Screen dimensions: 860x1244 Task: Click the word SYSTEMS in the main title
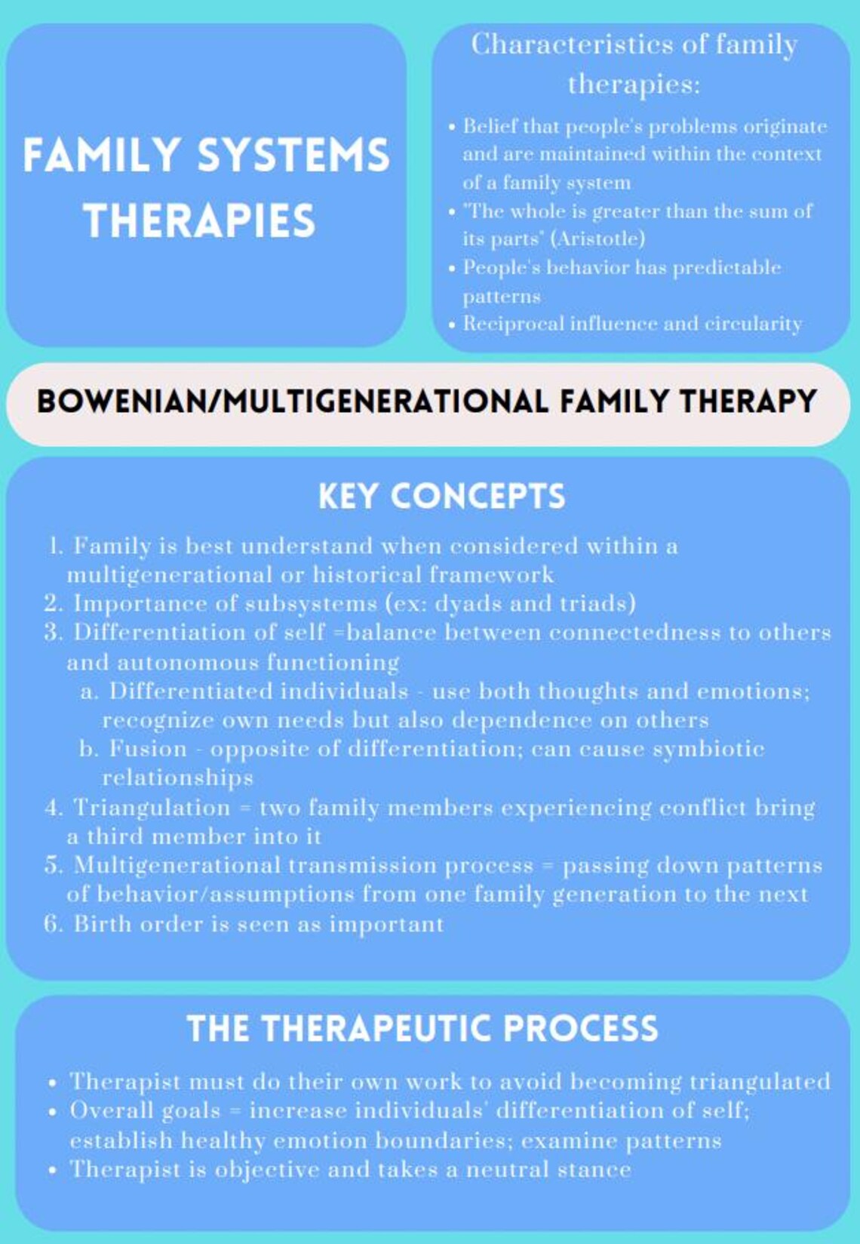tap(293, 155)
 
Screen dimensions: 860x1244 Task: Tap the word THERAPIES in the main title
tap(200, 220)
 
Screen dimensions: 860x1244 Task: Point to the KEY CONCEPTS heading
tap(441, 497)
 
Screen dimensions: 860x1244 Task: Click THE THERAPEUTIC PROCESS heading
tap(422, 1029)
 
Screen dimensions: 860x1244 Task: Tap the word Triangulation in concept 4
tap(152, 808)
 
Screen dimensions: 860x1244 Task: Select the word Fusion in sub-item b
tap(148, 749)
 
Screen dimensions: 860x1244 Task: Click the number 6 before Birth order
tap(52, 925)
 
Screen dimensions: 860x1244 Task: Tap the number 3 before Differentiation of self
tap(53, 633)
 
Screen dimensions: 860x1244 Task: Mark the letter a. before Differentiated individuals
tap(90, 692)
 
